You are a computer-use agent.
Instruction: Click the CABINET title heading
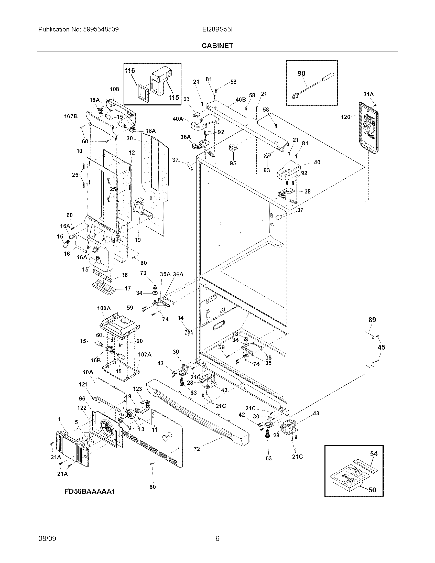(217, 46)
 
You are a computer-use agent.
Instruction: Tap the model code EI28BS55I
(217, 29)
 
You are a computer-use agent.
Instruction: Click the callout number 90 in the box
(301, 73)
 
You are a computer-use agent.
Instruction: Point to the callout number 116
(130, 71)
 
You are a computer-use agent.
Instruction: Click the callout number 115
(174, 98)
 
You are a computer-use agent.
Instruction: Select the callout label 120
(345, 117)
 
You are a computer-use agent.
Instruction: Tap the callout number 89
(372, 320)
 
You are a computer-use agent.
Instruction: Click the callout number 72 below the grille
(197, 449)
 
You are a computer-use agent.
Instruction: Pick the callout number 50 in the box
(372, 490)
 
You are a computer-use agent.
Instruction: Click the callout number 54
(374, 461)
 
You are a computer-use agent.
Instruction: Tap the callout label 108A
(104, 308)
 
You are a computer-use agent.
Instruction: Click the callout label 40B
(241, 100)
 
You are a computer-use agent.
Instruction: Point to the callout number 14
(180, 318)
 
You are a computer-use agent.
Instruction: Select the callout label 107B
(71, 116)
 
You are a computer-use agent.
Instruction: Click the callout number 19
(138, 240)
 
